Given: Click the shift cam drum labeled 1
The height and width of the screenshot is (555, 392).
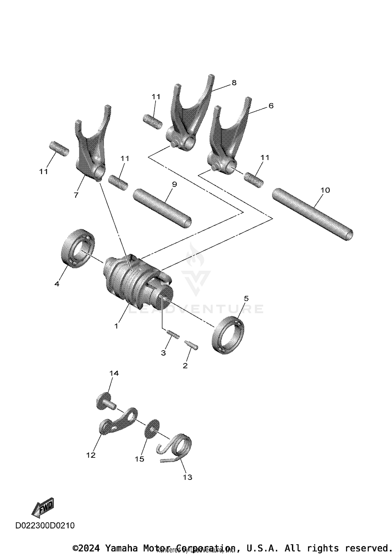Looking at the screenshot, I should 131,283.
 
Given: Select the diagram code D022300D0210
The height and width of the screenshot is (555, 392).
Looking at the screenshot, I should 45,525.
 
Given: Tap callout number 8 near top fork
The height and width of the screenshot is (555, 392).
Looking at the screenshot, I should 234,83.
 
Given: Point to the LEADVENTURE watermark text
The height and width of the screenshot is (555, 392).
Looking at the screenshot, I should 196,309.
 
